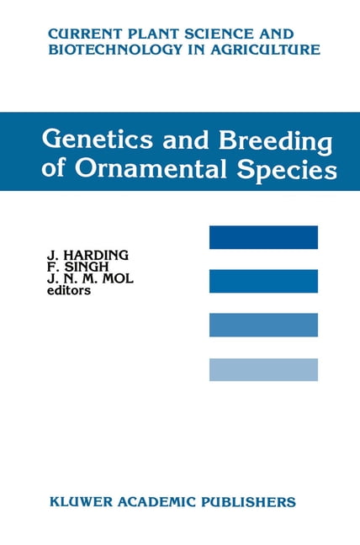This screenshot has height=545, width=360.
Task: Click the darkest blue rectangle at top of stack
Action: coord(263,237)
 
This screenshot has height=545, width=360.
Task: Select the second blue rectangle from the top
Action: coord(263,281)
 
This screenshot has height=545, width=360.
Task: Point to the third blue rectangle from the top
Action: coord(263,325)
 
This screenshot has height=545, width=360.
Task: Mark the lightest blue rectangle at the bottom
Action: coord(263,369)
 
